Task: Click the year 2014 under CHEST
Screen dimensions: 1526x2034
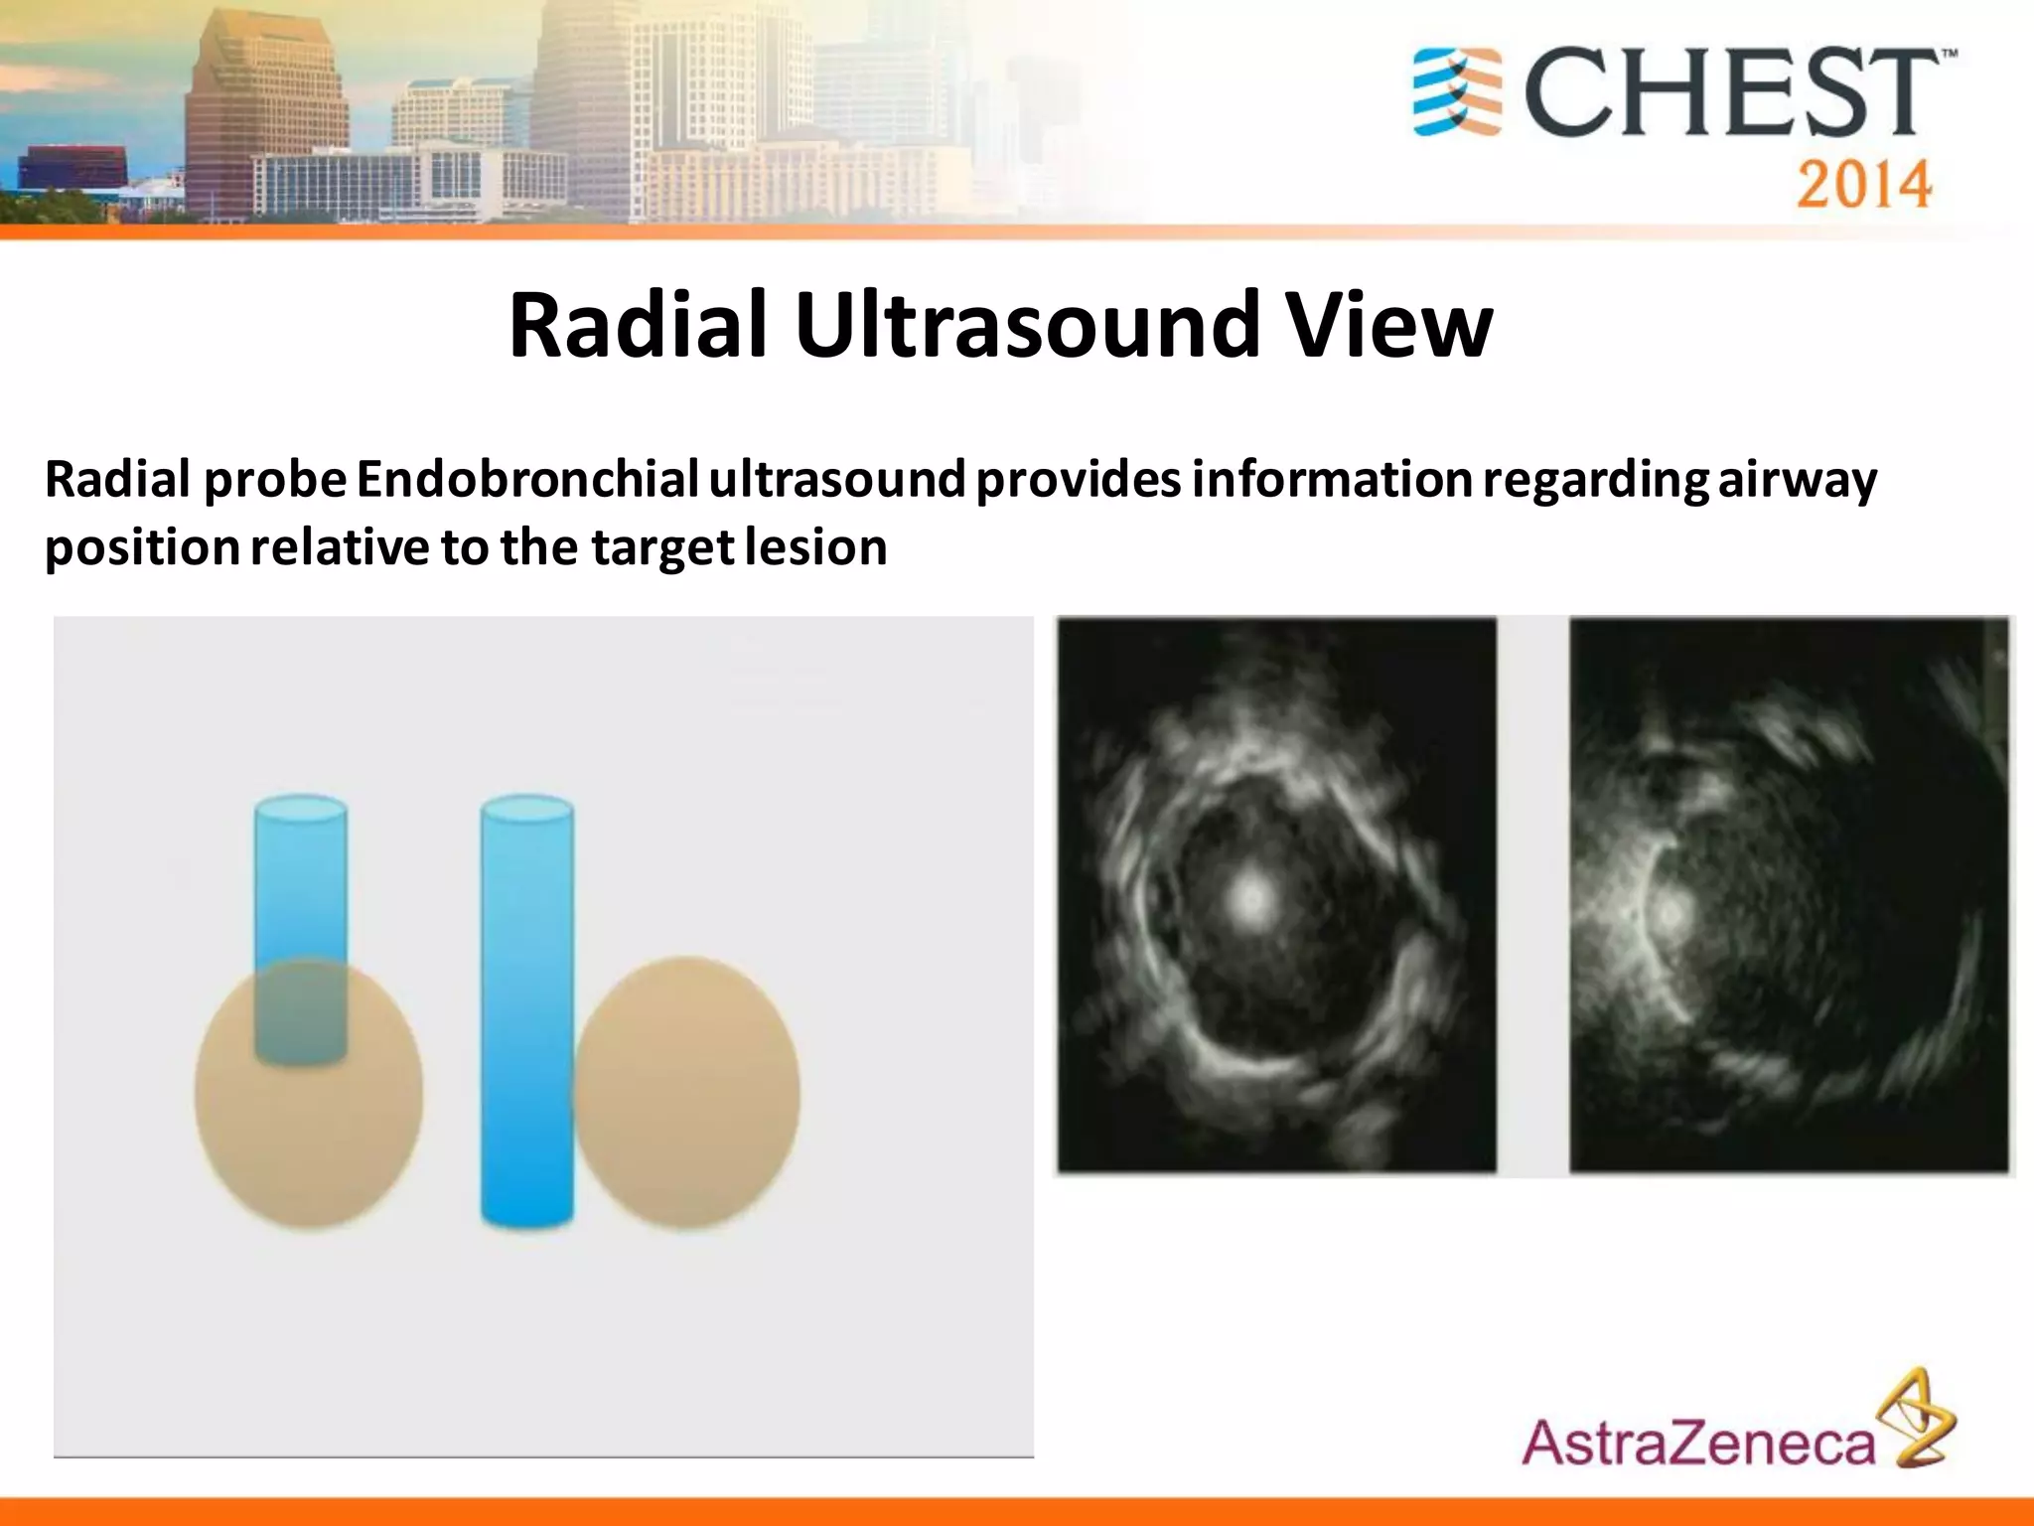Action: click(1863, 184)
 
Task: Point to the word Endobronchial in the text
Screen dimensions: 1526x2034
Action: click(527, 480)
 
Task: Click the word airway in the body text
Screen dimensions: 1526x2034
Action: click(1798, 480)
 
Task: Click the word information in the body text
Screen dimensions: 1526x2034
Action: click(1331, 480)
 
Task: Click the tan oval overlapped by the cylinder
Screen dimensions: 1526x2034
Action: click(308, 1133)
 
